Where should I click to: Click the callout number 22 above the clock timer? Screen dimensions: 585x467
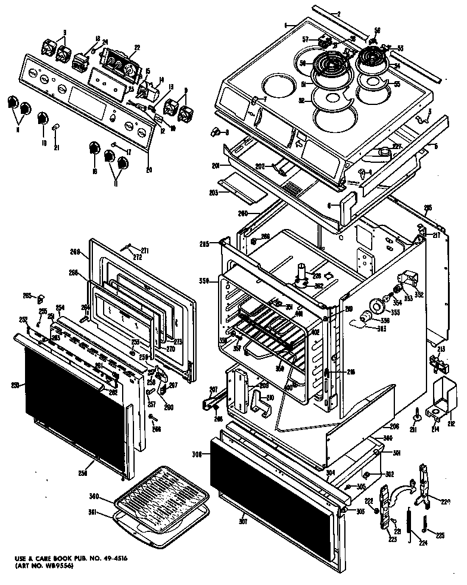(x=136, y=48)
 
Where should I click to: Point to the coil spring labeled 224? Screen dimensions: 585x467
(x=409, y=525)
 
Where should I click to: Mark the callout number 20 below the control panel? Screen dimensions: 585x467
(x=148, y=170)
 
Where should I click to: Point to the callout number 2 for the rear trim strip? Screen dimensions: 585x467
(x=338, y=13)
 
